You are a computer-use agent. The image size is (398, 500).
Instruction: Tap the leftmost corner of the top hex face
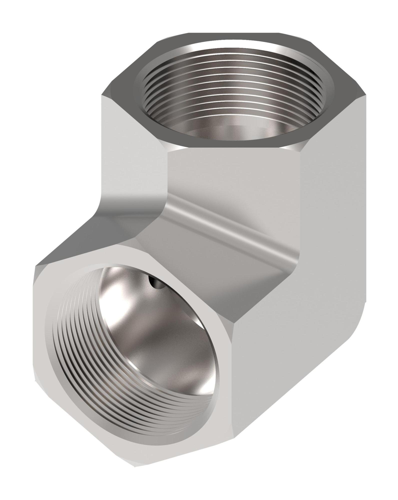(x=102, y=94)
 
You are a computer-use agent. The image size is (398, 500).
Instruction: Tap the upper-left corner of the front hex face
(x=36, y=266)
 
